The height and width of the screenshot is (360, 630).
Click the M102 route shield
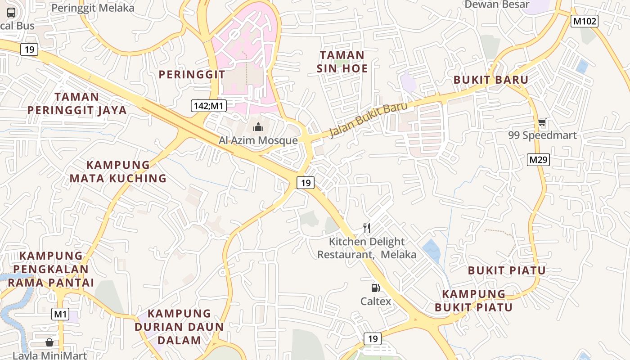(x=584, y=21)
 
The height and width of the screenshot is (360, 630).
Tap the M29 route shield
(x=539, y=159)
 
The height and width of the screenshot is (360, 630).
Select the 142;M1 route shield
(x=208, y=106)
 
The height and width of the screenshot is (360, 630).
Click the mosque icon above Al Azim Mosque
(x=258, y=127)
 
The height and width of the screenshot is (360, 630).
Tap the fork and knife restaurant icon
(x=367, y=228)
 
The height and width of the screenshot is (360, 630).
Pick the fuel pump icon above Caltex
(x=375, y=288)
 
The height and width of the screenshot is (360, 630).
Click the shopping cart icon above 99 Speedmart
(x=542, y=122)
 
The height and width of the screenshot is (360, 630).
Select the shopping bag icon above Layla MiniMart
(x=49, y=342)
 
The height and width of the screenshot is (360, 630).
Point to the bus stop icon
(x=11, y=13)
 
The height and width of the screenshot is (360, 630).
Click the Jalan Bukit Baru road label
(x=369, y=120)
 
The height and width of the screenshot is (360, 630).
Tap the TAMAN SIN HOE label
(x=342, y=62)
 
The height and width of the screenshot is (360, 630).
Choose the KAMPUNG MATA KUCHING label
(x=118, y=171)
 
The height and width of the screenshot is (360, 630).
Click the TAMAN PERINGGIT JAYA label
(x=77, y=103)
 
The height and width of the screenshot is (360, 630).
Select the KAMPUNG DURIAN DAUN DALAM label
(x=180, y=327)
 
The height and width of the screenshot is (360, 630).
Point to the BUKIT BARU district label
(x=490, y=80)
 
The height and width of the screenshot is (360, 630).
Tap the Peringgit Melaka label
(x=93, y=8)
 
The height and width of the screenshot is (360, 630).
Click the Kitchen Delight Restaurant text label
(x=367, y=248)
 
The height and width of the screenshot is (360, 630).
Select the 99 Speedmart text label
(x=542, y=135)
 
